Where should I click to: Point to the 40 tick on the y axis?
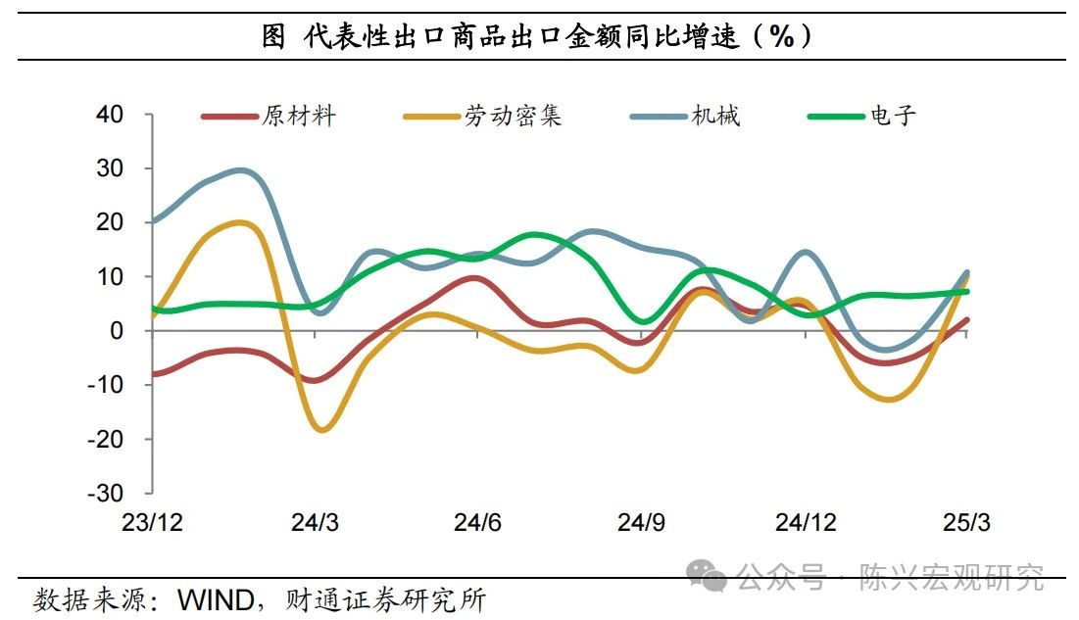110,115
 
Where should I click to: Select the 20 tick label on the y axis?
110,222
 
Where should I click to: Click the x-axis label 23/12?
152,523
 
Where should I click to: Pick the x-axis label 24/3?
315,523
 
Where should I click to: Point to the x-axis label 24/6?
477,523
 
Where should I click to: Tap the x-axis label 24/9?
641,523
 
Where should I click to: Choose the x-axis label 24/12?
805,523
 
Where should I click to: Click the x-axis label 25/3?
967,523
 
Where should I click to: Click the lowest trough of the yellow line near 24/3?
323,429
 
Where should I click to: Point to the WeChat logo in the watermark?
706,575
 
